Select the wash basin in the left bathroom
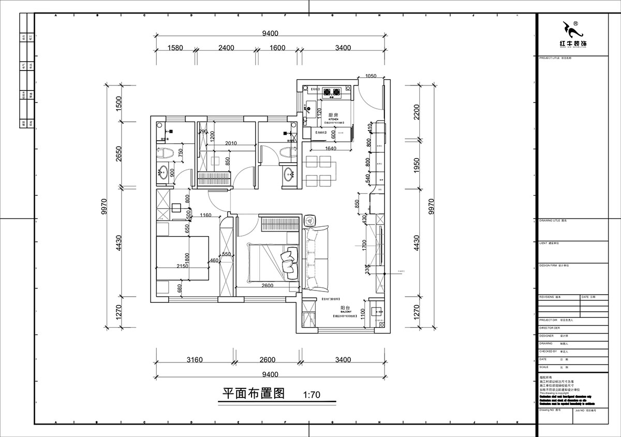tap(165, 172)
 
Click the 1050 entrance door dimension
tap(371, 76)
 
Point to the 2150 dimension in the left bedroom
tap(182, 266)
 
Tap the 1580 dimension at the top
tap(175, 48)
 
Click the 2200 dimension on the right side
tap(417, 111)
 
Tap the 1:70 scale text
tap(312, 395)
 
